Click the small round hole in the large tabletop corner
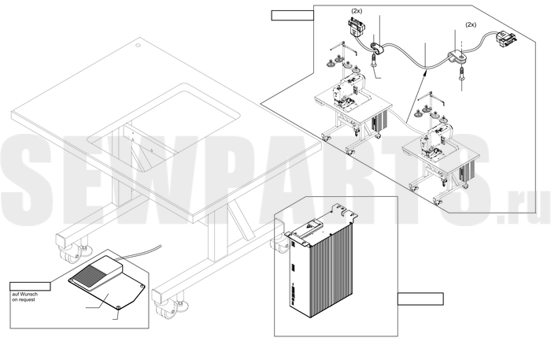(138, 45)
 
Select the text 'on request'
(24, 300)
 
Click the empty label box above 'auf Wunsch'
(30, 287)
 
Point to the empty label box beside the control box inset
(420, 299)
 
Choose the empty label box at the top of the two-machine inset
(292, 16)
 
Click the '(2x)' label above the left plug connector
(357, 11)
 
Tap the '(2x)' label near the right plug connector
(471, 24)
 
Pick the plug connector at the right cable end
(505, 38)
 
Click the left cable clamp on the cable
(377, 48)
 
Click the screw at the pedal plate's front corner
(118, 308)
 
